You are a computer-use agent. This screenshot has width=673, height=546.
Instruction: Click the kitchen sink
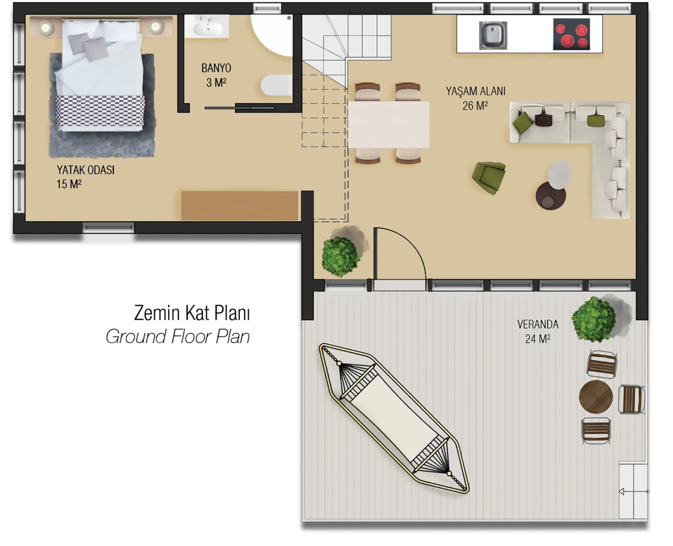(493, 35)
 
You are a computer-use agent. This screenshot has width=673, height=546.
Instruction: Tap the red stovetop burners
(571, 35)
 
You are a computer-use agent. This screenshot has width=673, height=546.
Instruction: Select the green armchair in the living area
(489, 177)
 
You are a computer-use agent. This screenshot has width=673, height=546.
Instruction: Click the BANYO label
(216, 68)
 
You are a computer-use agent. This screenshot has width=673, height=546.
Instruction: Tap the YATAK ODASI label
(85, 170)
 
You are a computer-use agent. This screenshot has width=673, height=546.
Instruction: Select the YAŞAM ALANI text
(475, 91)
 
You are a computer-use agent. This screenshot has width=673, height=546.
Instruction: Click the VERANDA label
(538, 324)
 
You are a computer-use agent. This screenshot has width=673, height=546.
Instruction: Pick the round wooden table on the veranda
(596, 397)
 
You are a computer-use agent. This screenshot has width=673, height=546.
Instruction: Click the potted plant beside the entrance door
(340, 257)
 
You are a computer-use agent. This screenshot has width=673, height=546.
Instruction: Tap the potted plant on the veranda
(594, 319)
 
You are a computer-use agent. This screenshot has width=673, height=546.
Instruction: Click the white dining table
(389, 124)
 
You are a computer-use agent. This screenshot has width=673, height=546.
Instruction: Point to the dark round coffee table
(550, 196)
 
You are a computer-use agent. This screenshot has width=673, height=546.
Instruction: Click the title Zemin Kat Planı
(192, 313)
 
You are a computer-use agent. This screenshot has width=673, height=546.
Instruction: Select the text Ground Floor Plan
(178, 337)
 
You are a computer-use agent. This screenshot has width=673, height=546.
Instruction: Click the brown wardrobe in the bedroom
(240, 206)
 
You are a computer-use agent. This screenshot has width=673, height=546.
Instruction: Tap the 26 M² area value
(475, 106)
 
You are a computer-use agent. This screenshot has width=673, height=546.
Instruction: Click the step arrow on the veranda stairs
(634, 491)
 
